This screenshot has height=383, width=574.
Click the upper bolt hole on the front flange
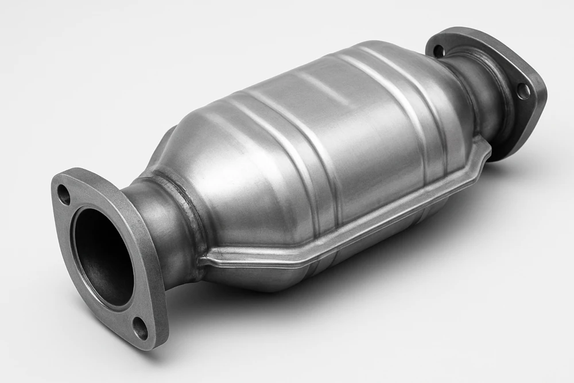tap(64, 195)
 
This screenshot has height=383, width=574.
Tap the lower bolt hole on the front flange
tap(139, 327)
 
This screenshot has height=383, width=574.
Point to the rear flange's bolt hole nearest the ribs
tap(439, 51)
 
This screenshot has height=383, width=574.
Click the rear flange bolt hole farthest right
tap(523, 91)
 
